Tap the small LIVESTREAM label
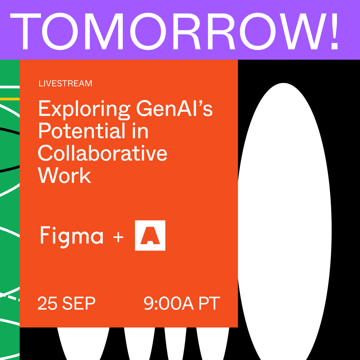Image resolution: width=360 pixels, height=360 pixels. (x=65, y=83)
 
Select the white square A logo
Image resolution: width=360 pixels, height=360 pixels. (x=150, y=235)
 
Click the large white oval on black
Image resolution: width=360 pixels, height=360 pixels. (x=283, y=222)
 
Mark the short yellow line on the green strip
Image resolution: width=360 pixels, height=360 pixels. (x=10, y=99)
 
